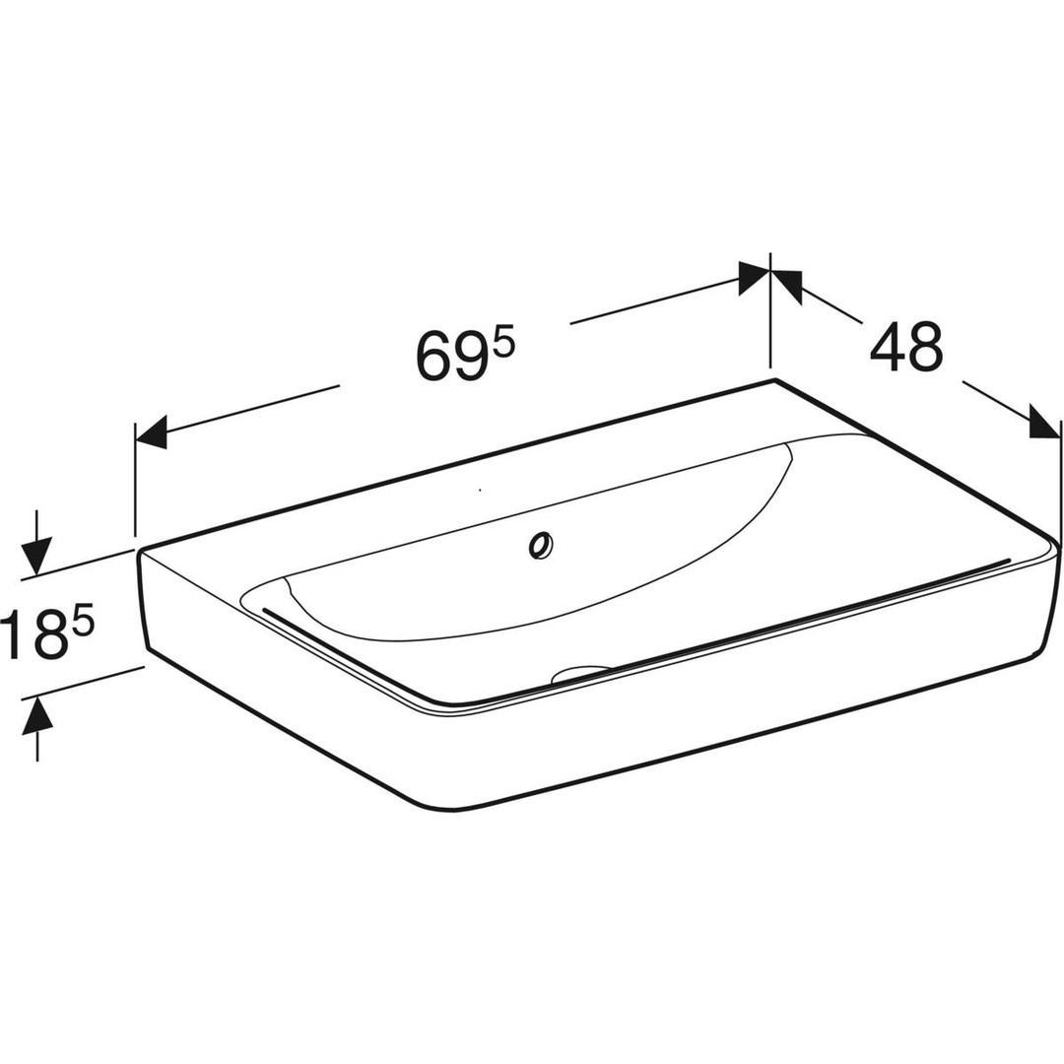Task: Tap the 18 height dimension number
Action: (x=31, y=634)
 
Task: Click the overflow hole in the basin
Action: (x=542, y=545)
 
